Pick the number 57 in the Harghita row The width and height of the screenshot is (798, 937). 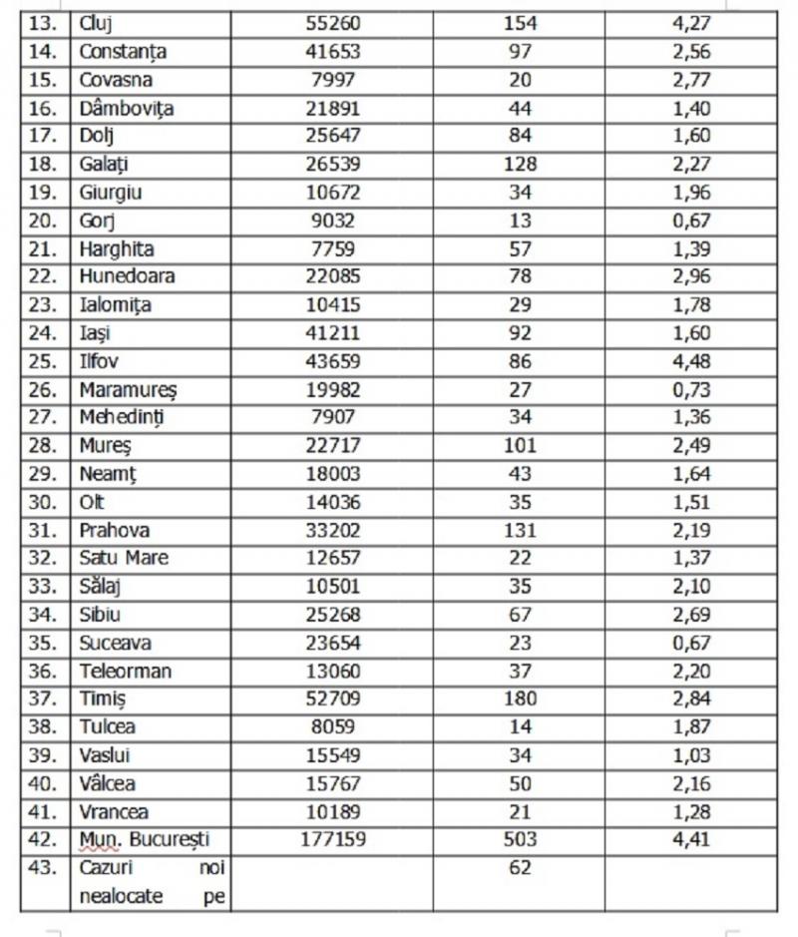(519, 248)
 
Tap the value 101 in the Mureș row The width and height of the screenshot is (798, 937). (519, 446)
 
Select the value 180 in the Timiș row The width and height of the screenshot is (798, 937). (519, 699)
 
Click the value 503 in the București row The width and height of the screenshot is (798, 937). (519, 840)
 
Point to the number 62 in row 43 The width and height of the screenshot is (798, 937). (519, 868)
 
